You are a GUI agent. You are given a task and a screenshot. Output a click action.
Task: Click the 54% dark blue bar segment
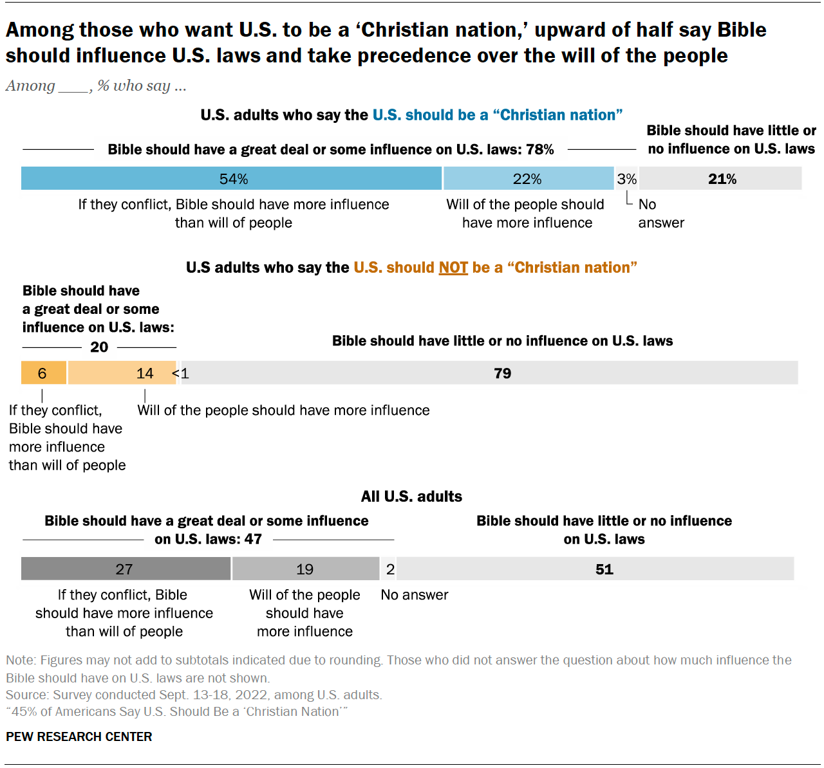[x=232, y=179]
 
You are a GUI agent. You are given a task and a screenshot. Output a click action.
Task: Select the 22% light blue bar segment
[x=528, y=179]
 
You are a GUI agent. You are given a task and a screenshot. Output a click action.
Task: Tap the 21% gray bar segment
[x=721, y=179]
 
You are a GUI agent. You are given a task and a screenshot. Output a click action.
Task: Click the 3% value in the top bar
[x=626, y=179]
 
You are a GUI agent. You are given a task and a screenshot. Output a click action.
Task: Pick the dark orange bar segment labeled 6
[x=43, y=373]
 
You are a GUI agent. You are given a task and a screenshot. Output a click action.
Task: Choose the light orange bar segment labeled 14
[x=122, y=373]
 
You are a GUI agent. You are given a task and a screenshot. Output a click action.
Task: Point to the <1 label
[x=181, y=374]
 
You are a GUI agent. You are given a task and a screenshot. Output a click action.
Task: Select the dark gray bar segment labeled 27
[x=126, y=569]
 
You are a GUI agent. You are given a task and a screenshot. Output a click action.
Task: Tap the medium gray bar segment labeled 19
[x=305, y=569]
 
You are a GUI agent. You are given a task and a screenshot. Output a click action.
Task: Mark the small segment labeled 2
[x=389, y=569]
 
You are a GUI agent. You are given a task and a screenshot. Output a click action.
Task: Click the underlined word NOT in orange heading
[x=453, y=268]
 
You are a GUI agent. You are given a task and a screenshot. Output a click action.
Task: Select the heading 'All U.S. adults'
[x=411, y=497]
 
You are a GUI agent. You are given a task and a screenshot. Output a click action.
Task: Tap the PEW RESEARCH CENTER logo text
[x=79, y=737]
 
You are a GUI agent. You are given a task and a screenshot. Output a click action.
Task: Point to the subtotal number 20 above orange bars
[x=99, y=347]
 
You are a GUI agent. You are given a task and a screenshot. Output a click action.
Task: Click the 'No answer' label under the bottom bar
[x=415, y=595]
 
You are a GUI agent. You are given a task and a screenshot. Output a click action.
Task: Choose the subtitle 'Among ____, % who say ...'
[x=96, y=86]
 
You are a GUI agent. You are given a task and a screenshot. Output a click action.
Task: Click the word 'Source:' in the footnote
[x=27, y=695]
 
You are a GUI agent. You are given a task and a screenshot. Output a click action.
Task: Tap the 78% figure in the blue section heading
[x=539, y=150]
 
